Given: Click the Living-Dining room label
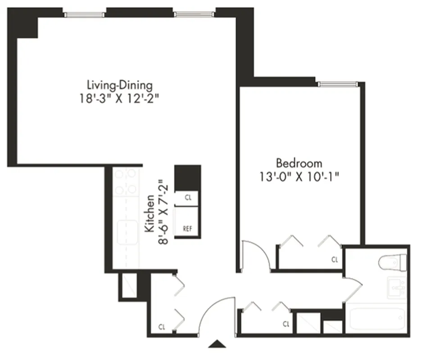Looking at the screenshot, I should [x=119, y=85].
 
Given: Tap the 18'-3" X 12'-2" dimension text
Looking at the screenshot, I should [x=119, y=99].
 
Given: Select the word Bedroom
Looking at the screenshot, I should [x=299, y=162].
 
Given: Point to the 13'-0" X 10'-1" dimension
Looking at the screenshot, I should [x=299, y=176].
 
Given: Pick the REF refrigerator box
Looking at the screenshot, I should [x=187, y=228].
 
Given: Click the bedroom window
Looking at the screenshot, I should [x=337, y=84].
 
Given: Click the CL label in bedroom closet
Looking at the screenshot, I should [x=334, y=260].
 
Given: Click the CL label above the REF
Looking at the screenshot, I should [x=187, y=198].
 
